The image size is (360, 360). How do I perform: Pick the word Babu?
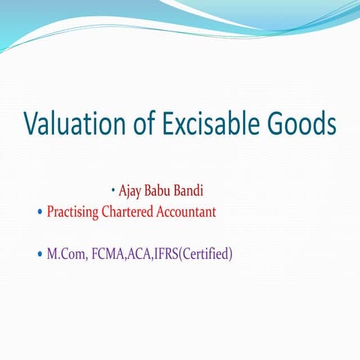click(x=162, y=190)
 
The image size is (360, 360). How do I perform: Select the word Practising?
click(x=73, y=212)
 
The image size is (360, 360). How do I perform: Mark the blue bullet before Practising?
click(x=40, y=212)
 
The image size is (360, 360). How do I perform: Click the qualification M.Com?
click(x=65, y=254)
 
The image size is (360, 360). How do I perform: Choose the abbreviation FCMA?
click(x=110, y=254)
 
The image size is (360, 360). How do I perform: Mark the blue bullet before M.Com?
click(x=40, y=255)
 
